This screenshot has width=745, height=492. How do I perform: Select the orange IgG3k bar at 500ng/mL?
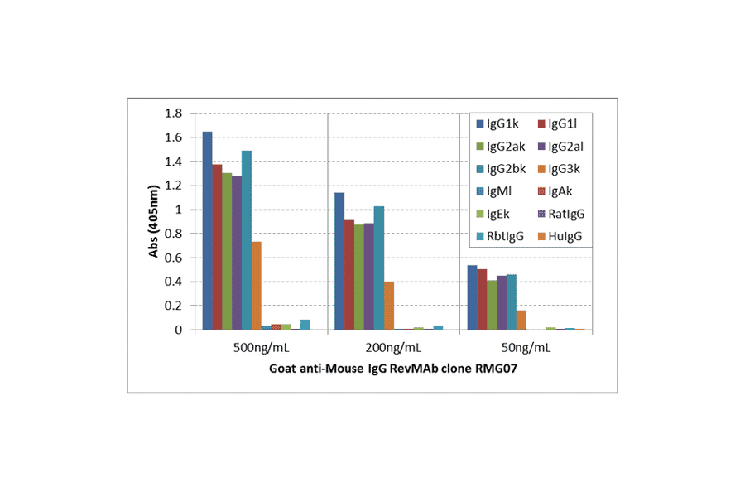coord(256,286)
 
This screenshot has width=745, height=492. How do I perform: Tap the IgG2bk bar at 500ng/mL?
coord(246,240)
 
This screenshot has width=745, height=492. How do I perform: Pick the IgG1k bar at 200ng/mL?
coord(339,261)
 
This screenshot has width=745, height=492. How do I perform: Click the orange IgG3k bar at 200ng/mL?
coord(388,306)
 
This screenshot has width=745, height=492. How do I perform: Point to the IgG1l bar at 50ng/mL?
coord(481,299)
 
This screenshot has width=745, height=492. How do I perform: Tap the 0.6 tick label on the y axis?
coord(174,258)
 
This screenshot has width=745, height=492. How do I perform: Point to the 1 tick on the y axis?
coord(179,210)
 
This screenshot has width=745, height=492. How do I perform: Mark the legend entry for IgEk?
coord(499,214)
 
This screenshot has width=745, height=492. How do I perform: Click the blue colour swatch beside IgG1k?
coord(479,125)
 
